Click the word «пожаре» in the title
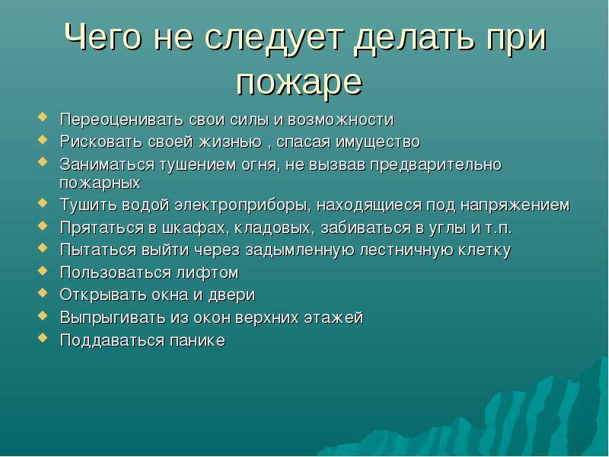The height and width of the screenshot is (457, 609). [x=299, y=83]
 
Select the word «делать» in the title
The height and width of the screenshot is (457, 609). [x=414, y=37]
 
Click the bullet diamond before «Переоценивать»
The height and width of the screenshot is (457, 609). [x=43, y=117]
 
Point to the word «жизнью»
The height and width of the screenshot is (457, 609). [x=231, y=142]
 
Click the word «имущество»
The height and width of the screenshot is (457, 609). [x=378, y=142]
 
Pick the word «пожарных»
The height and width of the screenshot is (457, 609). [x=100, y=183]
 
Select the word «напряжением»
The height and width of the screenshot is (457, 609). [x=515, y=205]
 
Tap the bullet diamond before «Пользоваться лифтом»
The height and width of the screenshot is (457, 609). [x=43, y=270]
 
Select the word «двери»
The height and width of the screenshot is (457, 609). [x=232, y=296]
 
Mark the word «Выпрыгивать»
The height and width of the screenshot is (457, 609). [x=113, y=318]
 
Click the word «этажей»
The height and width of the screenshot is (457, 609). [x=333, y=318]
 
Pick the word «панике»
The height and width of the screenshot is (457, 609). [x=197, y=340]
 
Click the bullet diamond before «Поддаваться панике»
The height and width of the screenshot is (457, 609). [x=43, y=337]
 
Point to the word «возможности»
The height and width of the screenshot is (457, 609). [x=340, y=120]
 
